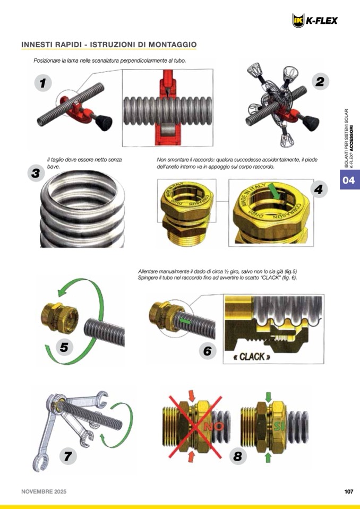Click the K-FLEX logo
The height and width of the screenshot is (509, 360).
[314, 21]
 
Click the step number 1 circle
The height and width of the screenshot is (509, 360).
[43, 83]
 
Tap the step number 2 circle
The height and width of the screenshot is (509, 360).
[320, 81]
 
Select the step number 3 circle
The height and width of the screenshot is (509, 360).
[36, 173]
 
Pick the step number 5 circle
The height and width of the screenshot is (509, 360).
[64, 347]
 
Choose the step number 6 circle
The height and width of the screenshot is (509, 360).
[208, 351]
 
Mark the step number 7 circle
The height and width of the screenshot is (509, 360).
[68, 456]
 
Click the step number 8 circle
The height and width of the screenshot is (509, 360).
[238, 456]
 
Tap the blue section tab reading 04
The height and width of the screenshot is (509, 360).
[349, 180]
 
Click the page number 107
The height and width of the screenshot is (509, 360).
[349, 491]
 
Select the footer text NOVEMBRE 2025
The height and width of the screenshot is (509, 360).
[44, 491]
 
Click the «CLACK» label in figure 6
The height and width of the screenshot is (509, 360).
[252, 357]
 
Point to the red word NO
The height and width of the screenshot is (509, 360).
[213, 426]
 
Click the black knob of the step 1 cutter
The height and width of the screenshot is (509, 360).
[104, 123]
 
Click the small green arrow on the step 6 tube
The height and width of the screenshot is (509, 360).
[185, 321]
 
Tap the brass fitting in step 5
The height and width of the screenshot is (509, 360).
[60, 315]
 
